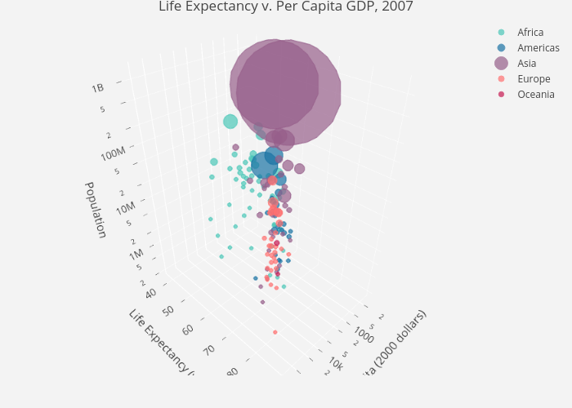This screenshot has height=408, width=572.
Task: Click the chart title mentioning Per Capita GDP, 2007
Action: [x=286, y=7]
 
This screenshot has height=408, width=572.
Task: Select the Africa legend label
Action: [x=530, y=33]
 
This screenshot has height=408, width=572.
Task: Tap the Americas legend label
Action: [x=538, y=48]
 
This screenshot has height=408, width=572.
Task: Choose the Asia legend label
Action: [x=527, y=64]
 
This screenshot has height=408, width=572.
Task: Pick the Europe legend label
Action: [x=534, y=79]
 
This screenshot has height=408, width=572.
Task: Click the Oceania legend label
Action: [x=536, y=95]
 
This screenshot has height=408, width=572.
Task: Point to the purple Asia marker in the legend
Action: [x=501, y=64]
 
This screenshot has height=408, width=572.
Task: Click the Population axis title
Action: [x=96, y=210]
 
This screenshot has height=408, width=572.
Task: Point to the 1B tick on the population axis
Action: [x=98, y=88]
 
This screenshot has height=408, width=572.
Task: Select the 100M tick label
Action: [x=114, y=153]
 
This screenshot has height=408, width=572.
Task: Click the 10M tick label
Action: [x=125, y=208]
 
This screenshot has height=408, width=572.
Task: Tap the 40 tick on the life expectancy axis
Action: [x=151, y=293]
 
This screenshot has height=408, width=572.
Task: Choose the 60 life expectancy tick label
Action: [x=189, y=329]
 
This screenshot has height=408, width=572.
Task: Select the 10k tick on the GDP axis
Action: [x=336, y=361]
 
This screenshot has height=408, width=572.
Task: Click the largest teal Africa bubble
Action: [x=230, y=122]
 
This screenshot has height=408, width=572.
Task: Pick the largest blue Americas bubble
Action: [x=265, y=166]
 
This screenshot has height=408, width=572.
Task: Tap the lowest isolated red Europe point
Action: [x=275, y=332]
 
